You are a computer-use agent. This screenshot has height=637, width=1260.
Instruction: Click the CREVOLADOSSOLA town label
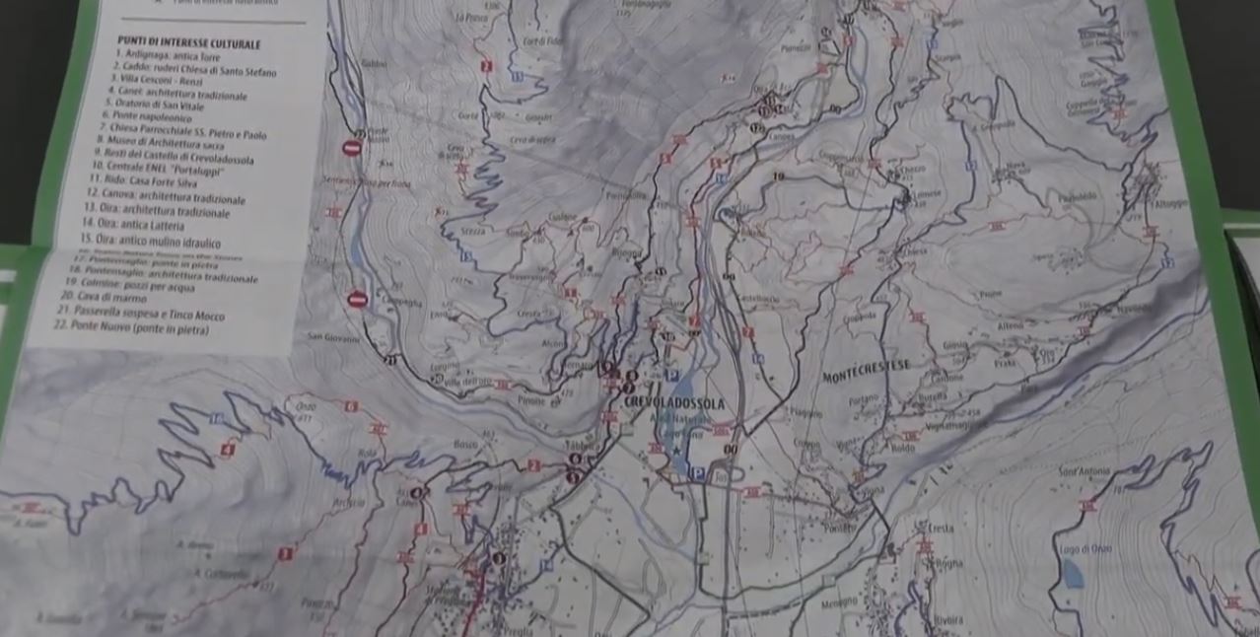pos(675,404)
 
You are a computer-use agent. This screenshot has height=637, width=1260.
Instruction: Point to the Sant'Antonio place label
pos(1078,472)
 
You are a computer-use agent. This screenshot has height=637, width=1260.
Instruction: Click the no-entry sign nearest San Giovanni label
pos(358,299)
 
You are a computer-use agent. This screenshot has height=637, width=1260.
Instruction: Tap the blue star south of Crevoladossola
pos(676,454)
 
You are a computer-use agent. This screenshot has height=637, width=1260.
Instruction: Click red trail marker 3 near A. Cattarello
pos(284,554)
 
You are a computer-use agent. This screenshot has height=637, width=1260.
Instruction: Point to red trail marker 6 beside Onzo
pos(351,406)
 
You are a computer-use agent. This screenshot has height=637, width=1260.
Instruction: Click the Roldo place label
pos(903,447)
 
